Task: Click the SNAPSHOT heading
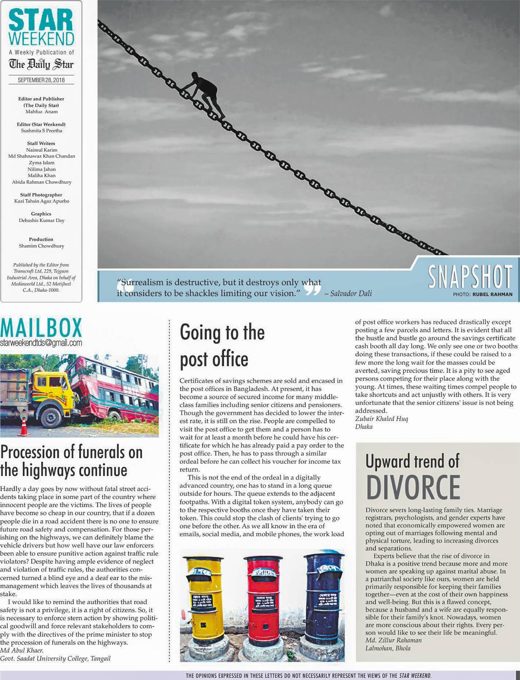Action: pos(470,277)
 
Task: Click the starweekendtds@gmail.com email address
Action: pos(41,342)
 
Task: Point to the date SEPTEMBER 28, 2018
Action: pos(41,80)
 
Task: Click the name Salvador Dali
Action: pos(351,293)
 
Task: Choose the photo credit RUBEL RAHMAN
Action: pos(492,294)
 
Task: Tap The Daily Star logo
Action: pos(41,64)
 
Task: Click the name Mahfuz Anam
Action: pos(41,112)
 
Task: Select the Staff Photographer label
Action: pos(41,195)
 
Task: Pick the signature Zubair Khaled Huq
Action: pos(381,419)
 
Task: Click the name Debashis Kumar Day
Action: pos(41,220)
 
